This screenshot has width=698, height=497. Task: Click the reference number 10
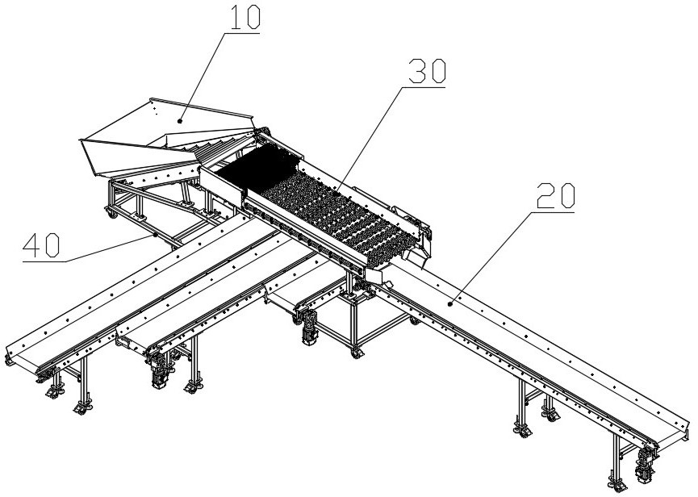click(x=242, y=18)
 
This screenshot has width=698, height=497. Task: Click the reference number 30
click(x=426, y=73)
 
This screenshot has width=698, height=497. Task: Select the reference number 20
click(x=554, y=197)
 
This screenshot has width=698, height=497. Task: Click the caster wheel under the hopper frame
click(x=107, y=213)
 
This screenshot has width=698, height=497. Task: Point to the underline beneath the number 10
click(x=242, y=31)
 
